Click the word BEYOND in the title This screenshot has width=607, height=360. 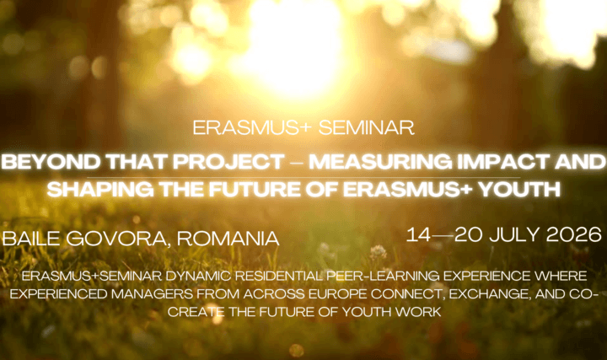pyautogui.click(x=51, y=162)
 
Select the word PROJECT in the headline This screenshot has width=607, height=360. pyautogui.click(x=228, y=162)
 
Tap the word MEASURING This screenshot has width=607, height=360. pyautogui.click(x=380, y=162)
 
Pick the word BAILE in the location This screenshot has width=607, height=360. pyautogui.click(x=31, y=239)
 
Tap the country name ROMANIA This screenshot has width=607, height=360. pyautogui.click(x=228, y=239)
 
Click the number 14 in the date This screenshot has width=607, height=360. pyautogui.click(x=418, y=234)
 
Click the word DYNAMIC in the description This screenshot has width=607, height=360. pyautogui.click(x=198, y=276)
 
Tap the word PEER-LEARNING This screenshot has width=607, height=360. pyautogui.click(x=383, y=276)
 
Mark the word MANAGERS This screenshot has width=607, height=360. pyautogui.click(x=152, y=294)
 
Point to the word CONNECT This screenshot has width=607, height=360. pyautogui.click(x=408, y=294)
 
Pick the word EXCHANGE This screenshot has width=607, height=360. pyautogui.click(x=489, y=294)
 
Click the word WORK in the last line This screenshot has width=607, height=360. pyautogui.click(x=417, y=312)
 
